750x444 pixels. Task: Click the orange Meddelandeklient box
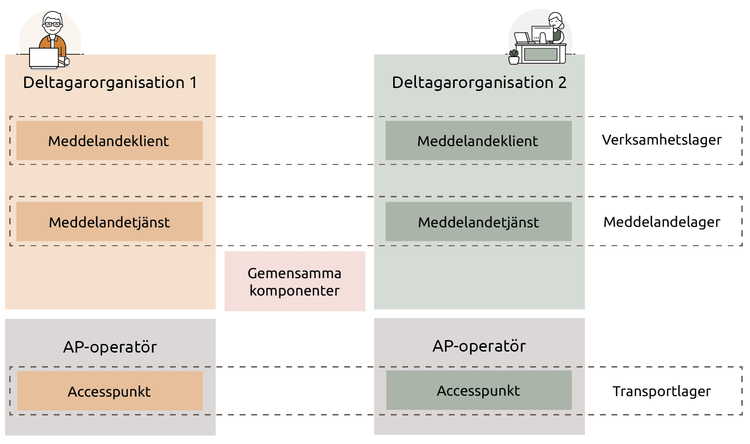pyautogui.click(x=109, y=141)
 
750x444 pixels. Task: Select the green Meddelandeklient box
pyautogui.click(x=478, y=141)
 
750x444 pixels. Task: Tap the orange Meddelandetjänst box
pyautogui.click(x=109, y=222)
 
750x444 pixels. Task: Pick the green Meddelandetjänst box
pyautogui.click(x=478, y=222)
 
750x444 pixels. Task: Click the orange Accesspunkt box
pyautogui.click(x=109, y=391)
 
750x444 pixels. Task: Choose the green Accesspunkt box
pyautogui.click(x=478, y=390)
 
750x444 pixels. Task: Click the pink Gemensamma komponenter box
pyautogui.click(x=294, y=281)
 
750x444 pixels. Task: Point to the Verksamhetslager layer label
pyautogui.click(x=661, y=140)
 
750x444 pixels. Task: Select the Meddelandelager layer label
pyautogui.click(x=661, y=222)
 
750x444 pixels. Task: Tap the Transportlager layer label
pyautogui.click(x=661, y=391)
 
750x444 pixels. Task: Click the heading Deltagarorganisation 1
pyautogui.click(x=110, y=83)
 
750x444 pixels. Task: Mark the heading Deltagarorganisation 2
pyautogui.click(x=479, y=83)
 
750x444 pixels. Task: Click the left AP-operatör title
pyautogui.click(x=110, y=347)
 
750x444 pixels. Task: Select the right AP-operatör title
pyautogui.click(x=479, y=346)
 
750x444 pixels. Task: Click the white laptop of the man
pyautogui.click(x=44, y=58)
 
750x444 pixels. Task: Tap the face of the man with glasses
pyautogui.click(x=52, y=24)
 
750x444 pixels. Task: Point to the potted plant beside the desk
pyautogui.click(x=514, y=57)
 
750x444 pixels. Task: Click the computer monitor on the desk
pyautogui.click(x=541, y=35)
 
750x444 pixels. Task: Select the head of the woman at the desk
pyautogui.click(x=555, y=21)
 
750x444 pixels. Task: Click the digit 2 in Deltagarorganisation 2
pyautogui.click(x=562, y=83)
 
